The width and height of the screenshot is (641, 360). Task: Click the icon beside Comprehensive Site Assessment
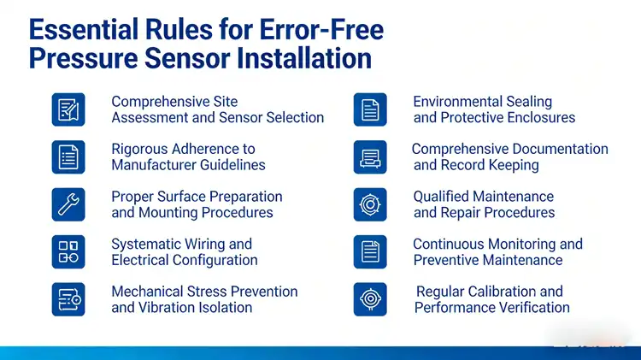[x=68, y=109]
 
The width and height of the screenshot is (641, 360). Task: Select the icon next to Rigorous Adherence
[x=68, y=156]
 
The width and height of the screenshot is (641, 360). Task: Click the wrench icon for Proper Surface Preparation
[x=68, y=204]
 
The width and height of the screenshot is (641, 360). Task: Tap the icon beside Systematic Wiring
[x=68, y=251]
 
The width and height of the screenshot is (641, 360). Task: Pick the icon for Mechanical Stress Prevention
[x=68, y=299]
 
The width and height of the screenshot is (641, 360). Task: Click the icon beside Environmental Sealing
[x=370, y=109]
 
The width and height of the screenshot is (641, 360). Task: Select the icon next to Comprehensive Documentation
[x=370, y=156]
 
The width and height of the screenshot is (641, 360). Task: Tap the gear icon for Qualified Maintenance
[x=370, y=204]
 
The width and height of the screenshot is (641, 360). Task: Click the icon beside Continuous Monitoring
[x=370, y=251]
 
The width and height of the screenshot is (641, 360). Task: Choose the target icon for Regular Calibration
[x=370, y=299]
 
